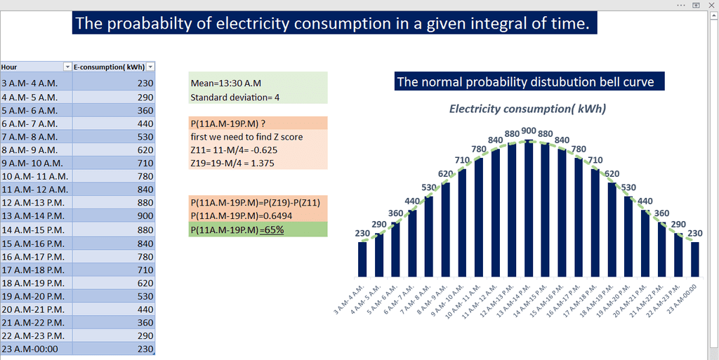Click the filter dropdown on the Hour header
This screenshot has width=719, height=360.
tap(67, 67)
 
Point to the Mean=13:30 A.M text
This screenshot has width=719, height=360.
tap(221, 83)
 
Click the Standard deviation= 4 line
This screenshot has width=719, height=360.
tap(235, 98)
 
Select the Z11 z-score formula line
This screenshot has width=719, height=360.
tap(232, 150)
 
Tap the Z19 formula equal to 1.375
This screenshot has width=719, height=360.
tap(232, 164)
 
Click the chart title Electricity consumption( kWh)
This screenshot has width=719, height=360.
tap(527, 109)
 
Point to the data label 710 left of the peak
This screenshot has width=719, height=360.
tap(462, 160)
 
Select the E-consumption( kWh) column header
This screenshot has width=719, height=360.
tap(108, 67)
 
